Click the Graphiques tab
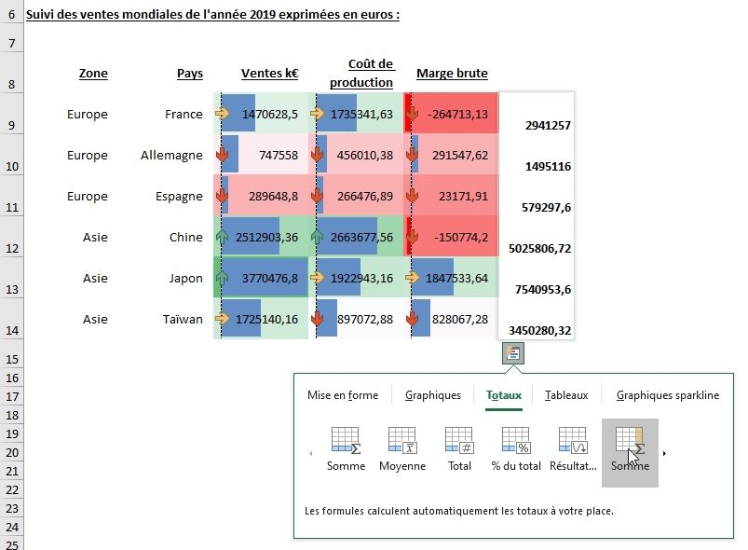(x=432, y=395)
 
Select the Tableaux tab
(x=566, y=395)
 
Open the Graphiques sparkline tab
(x=667, y=395)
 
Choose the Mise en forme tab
(x=343, y=395)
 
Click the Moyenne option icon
(x=402, y=441)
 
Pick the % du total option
(x=516, y=441)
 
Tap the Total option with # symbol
(x=459, y=441)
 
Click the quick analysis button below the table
(x=513, y=353)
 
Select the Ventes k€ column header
(x=269, y=74)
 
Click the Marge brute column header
(x=452, y=74)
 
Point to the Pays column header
(x=189, y=74)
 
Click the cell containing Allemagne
(x=171, y=156)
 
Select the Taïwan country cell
(x=182, y=320)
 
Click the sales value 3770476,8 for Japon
(x=269, y=279)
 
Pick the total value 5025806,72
(x=539, y=250)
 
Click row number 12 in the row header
(x=11, y=249)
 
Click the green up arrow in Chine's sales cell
(x=223, y=238)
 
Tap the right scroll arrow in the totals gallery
(x=664, y=454)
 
